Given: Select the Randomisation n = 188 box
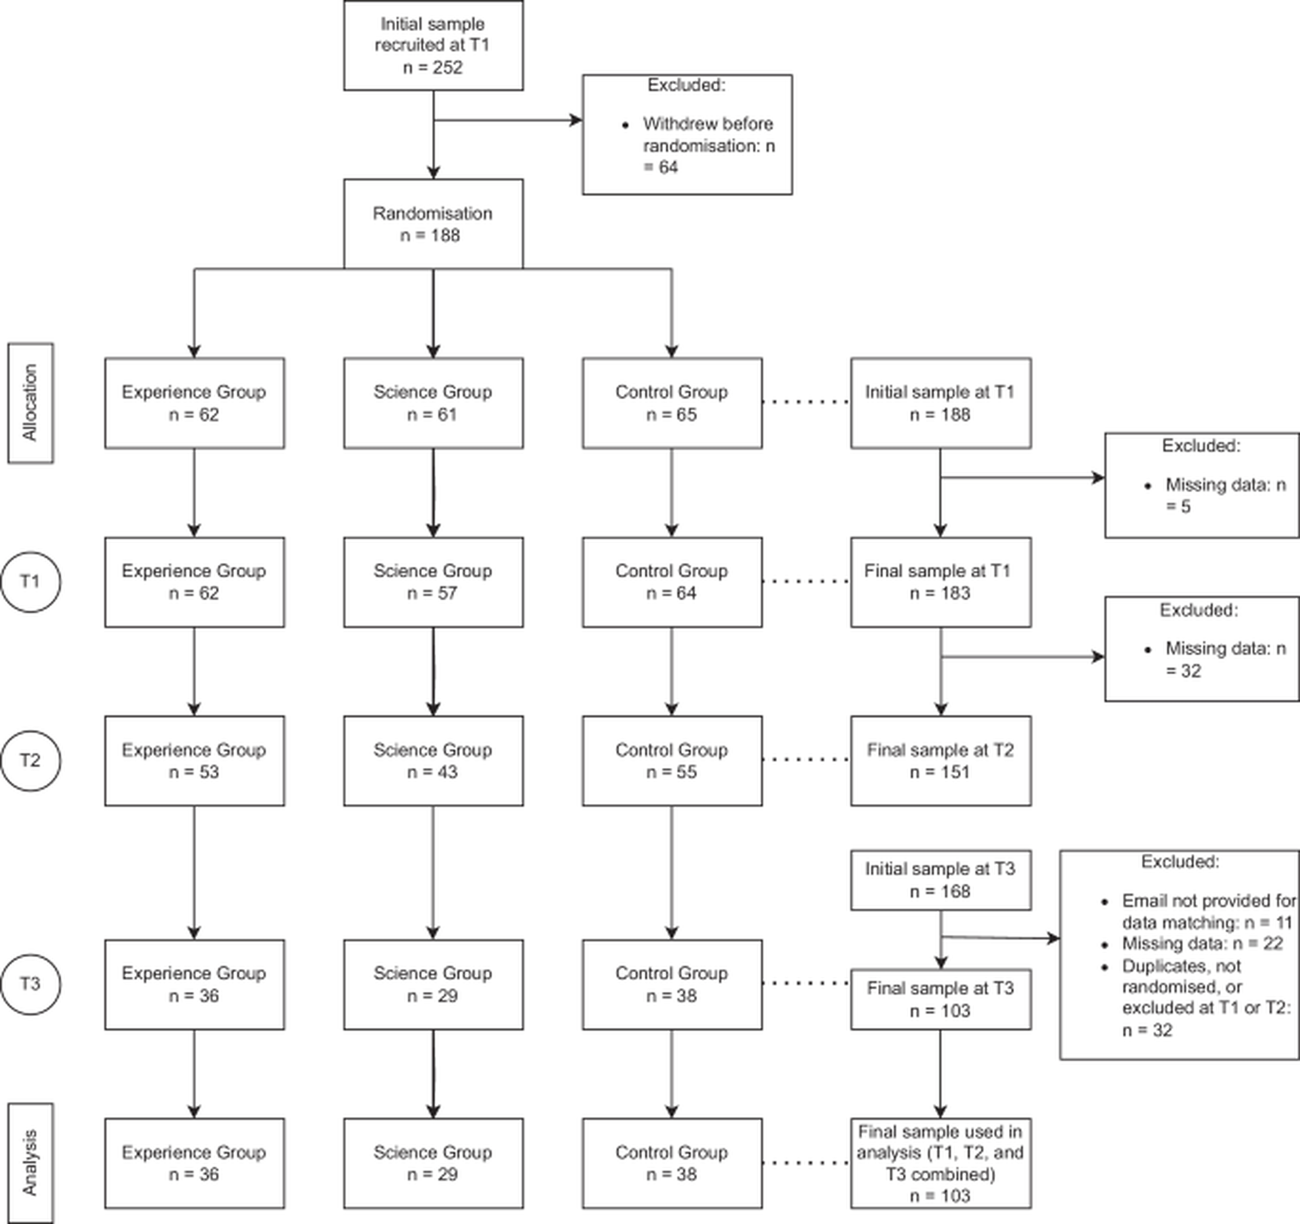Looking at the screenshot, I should [433, 224].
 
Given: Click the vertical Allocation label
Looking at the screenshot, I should [30, 403].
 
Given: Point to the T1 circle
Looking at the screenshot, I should [30, 581].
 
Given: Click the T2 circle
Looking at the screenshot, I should [30, 760].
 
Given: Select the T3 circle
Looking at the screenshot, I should [30, 983].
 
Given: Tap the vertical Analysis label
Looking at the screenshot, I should [30, 1162].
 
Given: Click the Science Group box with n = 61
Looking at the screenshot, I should [433, 403].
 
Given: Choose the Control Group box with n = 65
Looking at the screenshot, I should [672, 403].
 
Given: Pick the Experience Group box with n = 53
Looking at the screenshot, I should [194, 760].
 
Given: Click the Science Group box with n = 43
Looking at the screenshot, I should [433, 760].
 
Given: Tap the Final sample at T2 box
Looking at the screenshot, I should [940, 760].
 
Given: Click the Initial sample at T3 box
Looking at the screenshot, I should [940, 880].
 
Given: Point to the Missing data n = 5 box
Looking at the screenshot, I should [1201, 485].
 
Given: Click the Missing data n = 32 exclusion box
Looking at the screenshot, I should [1201, 649].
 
